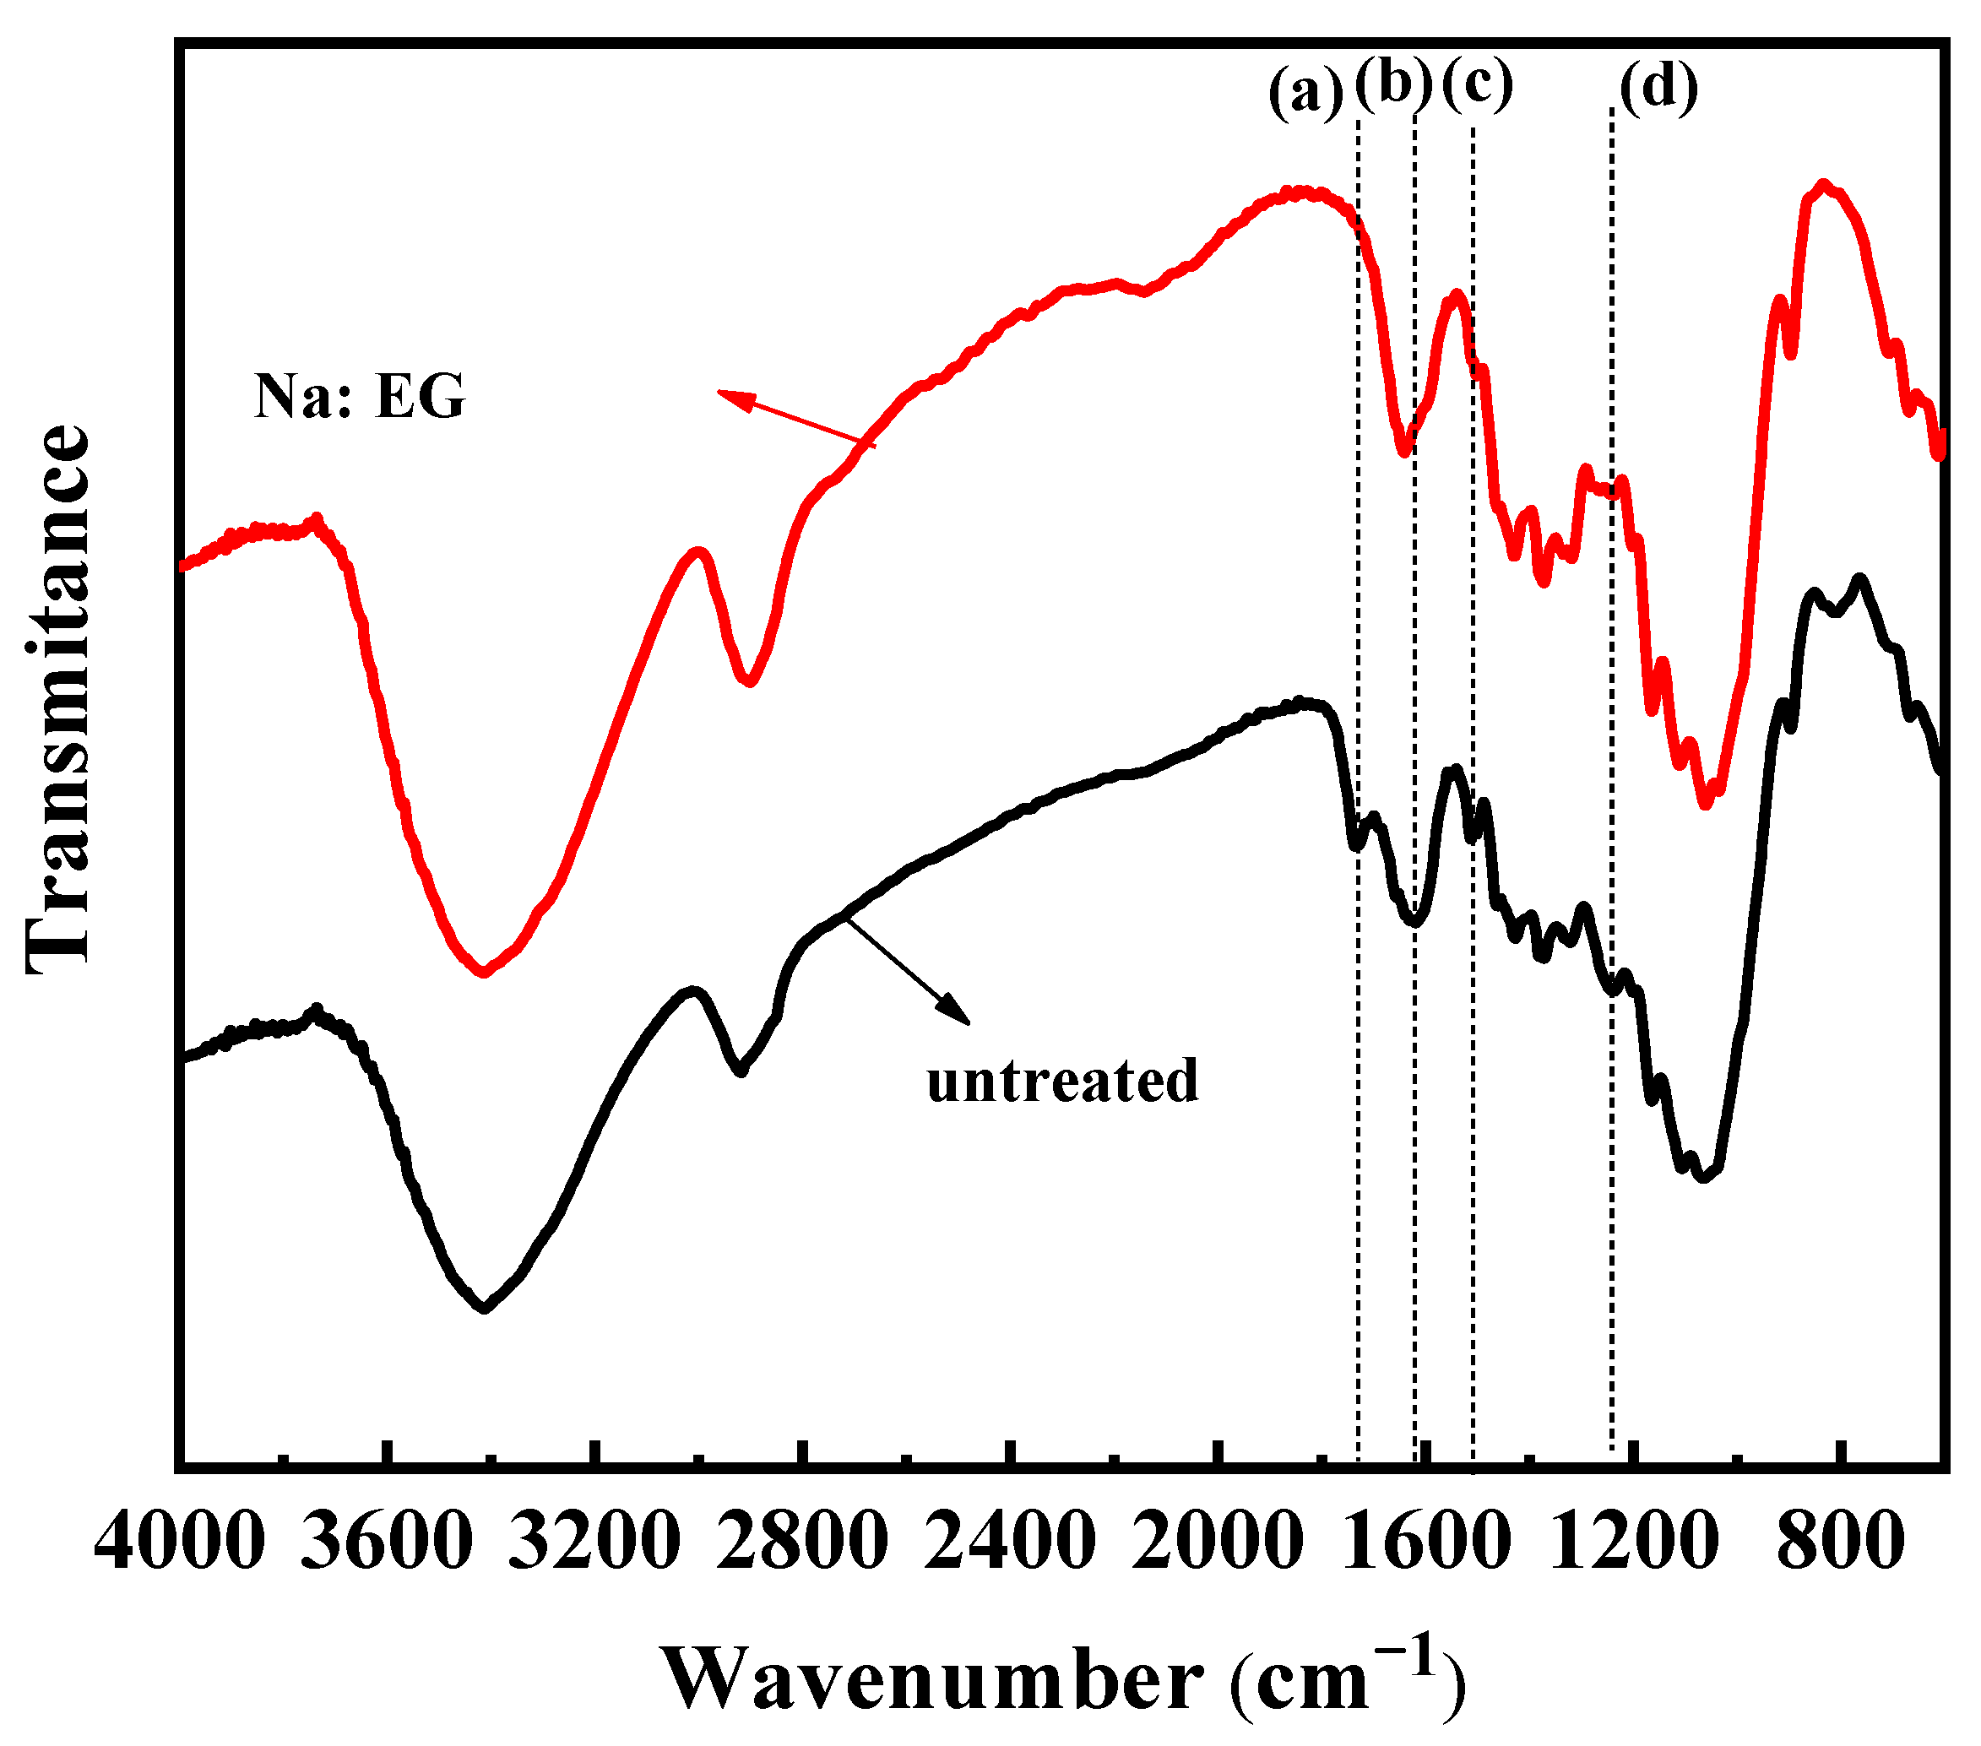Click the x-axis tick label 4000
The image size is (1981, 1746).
179,1542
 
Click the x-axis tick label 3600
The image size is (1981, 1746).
387,1542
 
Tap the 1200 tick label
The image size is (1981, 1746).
1634,1542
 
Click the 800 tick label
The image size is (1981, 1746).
1841,1542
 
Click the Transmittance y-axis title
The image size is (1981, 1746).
58,697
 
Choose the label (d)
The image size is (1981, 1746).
1658,88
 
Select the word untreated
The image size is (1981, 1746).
1062,1082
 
